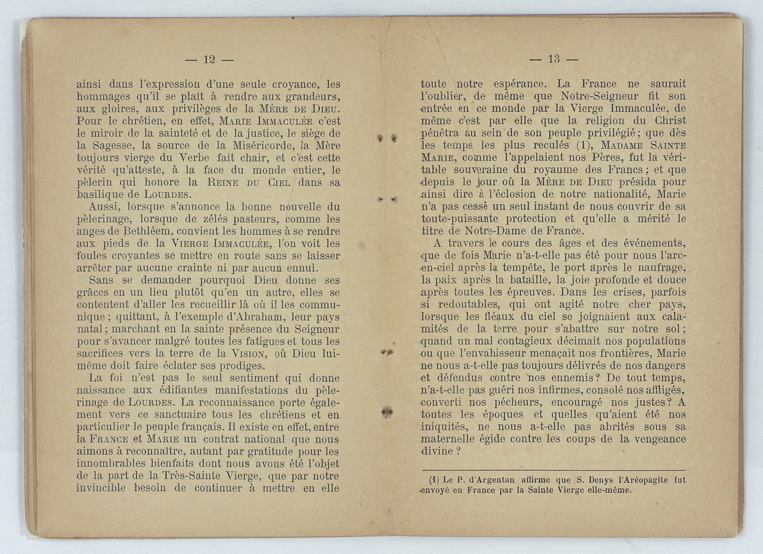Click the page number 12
point(209,60)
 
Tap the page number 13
point(554,59)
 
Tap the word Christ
point(670,121)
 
